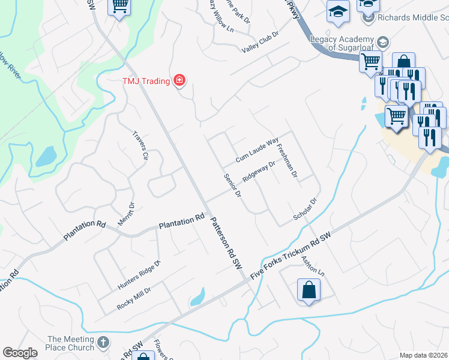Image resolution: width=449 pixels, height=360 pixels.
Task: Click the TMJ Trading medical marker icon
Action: (179, 80)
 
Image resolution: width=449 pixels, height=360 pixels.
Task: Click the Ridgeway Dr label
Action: (259, 172)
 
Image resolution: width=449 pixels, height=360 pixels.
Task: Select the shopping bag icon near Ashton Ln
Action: (309, 290)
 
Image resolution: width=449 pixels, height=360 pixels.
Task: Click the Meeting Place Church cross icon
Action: (103, 343)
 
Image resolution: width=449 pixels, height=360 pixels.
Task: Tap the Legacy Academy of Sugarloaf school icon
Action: (381, 42)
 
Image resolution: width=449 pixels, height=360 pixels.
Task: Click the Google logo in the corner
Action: (20, 353)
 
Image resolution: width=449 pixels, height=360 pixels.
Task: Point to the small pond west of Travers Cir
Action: (46, 156)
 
